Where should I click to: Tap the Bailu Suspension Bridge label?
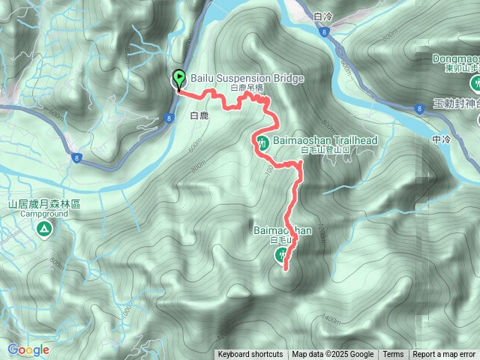tap(236, 78)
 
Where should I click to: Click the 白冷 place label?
tap(323, 15)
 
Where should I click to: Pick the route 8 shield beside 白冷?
tap(322, 32)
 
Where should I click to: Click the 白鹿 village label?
tap(199, 116)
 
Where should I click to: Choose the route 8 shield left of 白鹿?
tap(167, 116)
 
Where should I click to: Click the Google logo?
tap(28, 349)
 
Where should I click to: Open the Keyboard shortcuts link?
tap(250, 355)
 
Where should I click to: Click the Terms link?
tap(393, 355)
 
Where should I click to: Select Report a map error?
tap(444, 355)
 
